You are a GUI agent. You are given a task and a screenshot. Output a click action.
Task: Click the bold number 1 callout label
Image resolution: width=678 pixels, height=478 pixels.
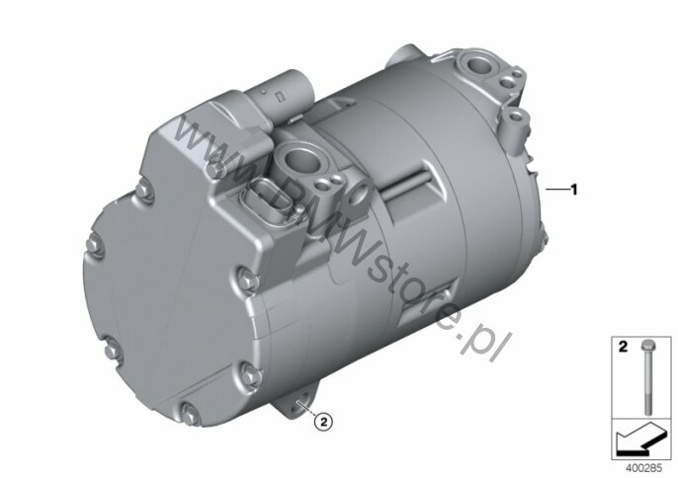574,190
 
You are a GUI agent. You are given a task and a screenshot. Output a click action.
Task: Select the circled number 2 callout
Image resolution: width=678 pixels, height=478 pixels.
324,421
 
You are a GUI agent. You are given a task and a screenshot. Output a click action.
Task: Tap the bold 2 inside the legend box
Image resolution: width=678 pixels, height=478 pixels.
623,347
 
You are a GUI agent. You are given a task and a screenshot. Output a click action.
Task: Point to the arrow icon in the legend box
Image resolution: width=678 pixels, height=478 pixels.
640,438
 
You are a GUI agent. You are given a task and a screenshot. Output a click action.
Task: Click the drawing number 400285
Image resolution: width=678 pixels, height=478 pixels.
643,468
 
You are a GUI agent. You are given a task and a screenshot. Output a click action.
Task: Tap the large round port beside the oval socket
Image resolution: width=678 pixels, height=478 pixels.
298,158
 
